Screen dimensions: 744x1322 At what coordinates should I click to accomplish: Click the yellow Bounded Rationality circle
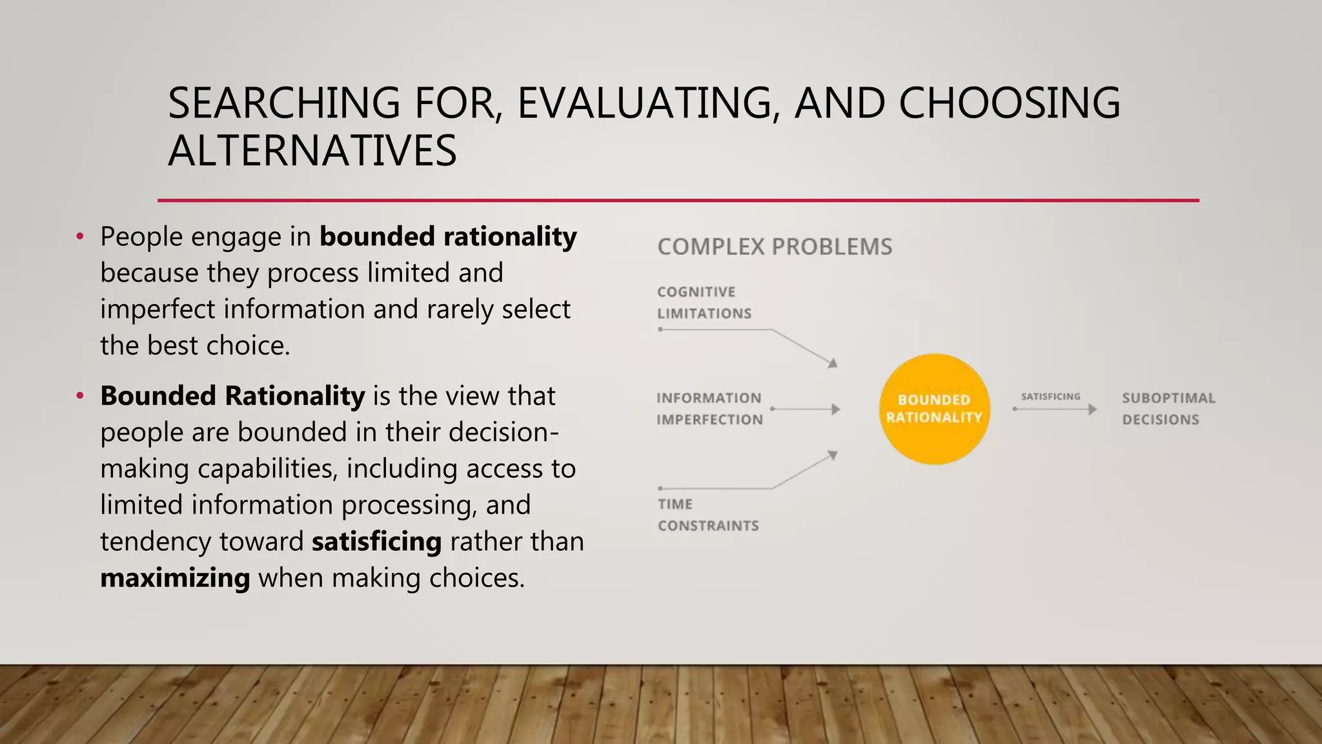point(934,409)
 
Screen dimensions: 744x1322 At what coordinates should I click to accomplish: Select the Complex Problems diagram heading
point(775,247)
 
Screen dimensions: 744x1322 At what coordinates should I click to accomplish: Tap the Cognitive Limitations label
point(704,302)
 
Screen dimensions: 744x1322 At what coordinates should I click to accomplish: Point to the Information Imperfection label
point(709,409)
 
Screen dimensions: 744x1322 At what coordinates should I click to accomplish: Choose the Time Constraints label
point(707,515)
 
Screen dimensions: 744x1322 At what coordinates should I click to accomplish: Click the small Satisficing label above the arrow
point(1050,397)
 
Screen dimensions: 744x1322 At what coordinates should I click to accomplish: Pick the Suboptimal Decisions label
point(1168,409)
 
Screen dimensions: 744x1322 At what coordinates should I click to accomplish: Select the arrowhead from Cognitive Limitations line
point(833,363)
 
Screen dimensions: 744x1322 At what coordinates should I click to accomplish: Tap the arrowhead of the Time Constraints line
point(833,455)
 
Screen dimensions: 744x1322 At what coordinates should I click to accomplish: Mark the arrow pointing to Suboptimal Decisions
point(1055,409)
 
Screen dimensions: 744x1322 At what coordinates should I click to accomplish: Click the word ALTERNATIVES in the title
point(312,151)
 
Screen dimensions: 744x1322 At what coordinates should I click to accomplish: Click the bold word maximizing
point(175,577)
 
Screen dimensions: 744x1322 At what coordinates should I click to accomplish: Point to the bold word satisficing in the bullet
point(376,541)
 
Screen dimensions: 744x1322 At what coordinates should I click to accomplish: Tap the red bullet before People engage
point(80,236)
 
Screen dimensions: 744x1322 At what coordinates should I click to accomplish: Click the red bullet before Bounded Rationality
point(80,395)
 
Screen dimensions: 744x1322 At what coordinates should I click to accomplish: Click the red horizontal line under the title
point(678,200)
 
